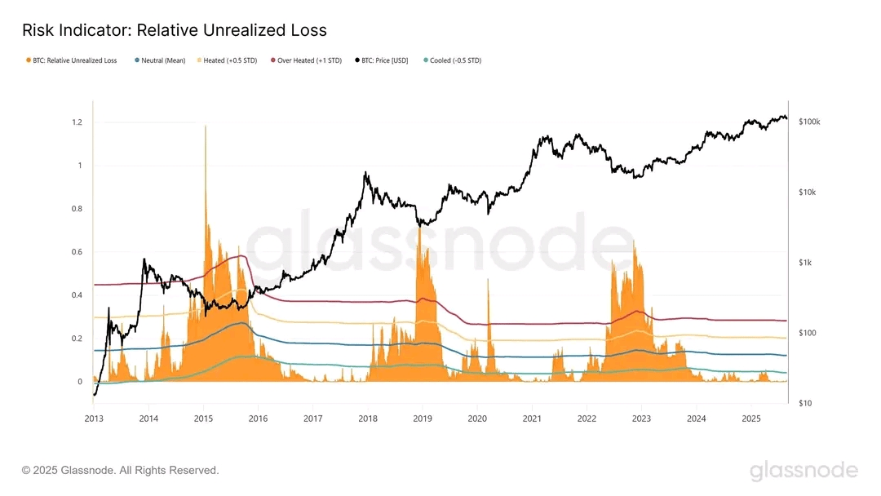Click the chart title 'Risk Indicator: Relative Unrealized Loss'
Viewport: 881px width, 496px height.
pos(175,31)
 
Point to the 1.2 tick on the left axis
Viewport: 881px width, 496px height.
pos(76,122)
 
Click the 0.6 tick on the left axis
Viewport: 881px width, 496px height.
pos(76,252)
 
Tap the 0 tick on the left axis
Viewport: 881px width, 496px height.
pos(79,382)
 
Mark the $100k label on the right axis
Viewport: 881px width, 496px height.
pos(809,122)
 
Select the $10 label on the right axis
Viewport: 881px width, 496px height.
pos(804,403)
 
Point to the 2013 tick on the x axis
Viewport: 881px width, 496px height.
pos(93,418)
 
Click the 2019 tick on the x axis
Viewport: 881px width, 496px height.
pos(422,418)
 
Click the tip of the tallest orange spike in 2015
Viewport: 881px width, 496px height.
pos(205,126)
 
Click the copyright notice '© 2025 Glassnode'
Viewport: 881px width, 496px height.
pos(121,471)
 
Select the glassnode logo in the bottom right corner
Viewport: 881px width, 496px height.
pos(804,471)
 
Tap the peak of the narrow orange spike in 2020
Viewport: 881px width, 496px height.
pos(489,280)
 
